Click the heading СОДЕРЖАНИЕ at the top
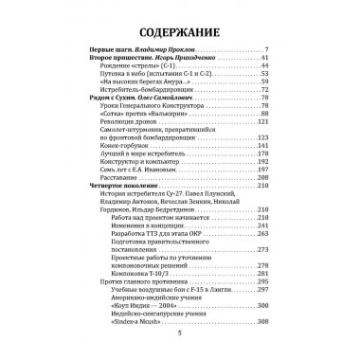pyautogui.click(x=179, y=22)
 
